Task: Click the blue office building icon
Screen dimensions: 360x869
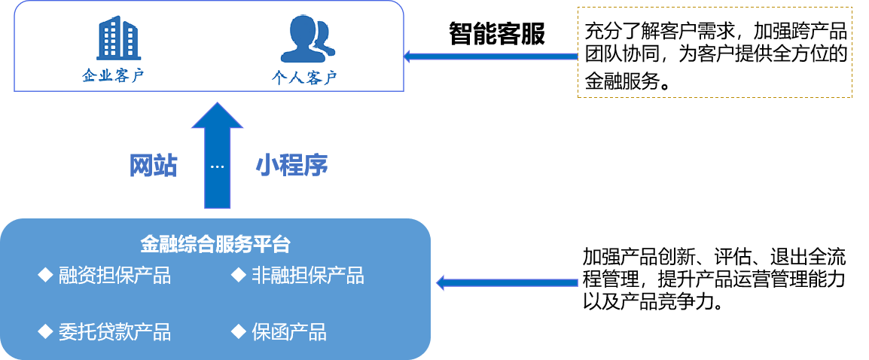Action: click(x=119, y=38)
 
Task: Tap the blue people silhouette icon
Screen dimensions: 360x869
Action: click(x=306, y=38)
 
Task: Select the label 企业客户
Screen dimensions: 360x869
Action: click(x=112, y=76)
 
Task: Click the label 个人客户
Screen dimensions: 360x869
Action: click(x=304, y=78)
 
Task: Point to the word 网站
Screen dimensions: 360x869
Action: click(x=153, y=166)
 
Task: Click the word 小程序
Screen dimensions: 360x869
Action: click(x=291, y=166)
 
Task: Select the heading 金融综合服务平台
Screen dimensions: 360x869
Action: click(x=215, y=245)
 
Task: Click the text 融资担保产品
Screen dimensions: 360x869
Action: click(x=114, y=276)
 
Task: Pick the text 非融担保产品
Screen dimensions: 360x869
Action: click(x=308, y=276)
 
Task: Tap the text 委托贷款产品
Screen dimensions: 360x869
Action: click(x=114, y=331)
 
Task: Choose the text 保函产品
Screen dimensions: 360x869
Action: click(x=289, y=331)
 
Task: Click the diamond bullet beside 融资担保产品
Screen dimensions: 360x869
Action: click(x=44, y=274)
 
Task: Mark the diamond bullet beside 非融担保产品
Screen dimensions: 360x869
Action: click(x=239, y=274)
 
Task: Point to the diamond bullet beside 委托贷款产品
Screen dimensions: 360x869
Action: click(x=44, y=330)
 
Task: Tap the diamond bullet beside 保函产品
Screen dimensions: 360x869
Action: click(x=239, y=330)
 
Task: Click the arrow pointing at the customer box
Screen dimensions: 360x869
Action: click(x=490, y=56)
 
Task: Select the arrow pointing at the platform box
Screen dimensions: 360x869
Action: click(x=507, y=282)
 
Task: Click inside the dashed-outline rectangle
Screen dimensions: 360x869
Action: click(x=715, y=52)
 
